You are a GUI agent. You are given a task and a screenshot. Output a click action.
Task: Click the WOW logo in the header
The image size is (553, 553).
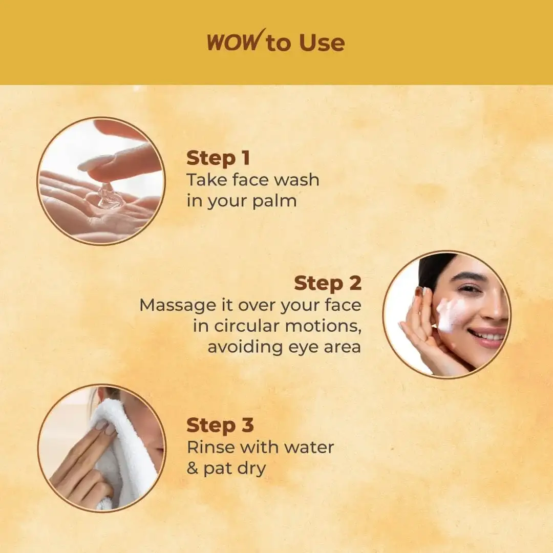233,41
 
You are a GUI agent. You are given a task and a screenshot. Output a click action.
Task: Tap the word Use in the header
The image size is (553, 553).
322,43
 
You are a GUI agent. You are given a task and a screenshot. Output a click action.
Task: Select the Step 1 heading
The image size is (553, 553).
218,158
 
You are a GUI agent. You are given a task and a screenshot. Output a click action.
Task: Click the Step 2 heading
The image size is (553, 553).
328,283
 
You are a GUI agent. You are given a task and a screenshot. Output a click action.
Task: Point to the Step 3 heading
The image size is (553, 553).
220,426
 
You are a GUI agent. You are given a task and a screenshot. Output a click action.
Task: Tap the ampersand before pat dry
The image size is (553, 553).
193,469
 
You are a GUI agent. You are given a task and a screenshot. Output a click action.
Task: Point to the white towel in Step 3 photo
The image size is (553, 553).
128,451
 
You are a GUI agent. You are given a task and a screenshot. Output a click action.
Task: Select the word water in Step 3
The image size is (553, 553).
308,447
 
